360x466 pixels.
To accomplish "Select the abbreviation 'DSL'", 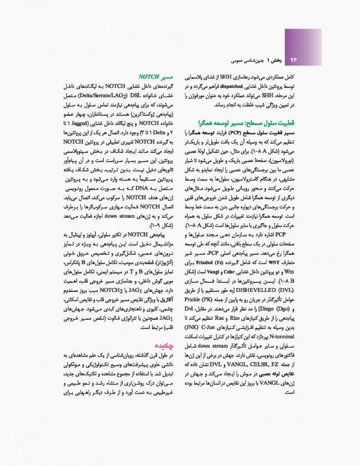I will click(x=123, y=96).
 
